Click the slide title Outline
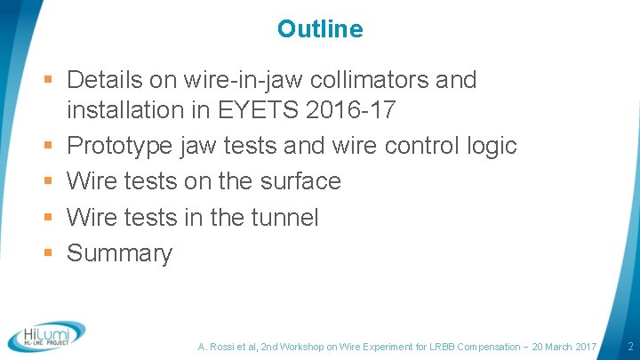coord(320,29)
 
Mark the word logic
coord(492,145)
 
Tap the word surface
coord(298,181)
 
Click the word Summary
coord(119,253)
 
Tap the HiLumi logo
coord(46,335)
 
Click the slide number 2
coord(629,346)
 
